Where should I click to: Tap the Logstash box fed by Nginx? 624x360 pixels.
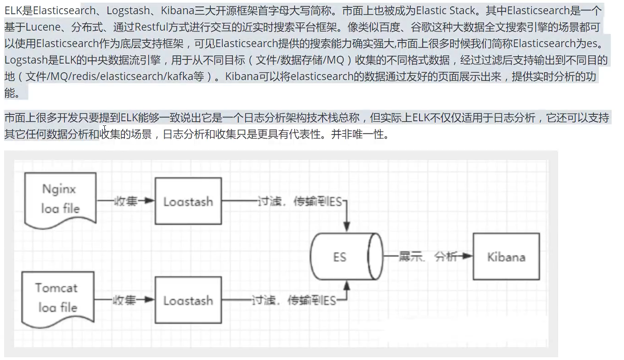188,201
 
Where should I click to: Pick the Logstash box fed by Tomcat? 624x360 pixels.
188,300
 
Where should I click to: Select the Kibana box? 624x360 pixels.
506,256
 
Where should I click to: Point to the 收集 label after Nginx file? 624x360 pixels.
125,201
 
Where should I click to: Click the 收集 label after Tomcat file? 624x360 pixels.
125,300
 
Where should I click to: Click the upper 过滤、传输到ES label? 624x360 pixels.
299,201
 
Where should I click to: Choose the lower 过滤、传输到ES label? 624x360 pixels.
293,300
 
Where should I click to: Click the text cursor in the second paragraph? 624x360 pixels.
105,129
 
